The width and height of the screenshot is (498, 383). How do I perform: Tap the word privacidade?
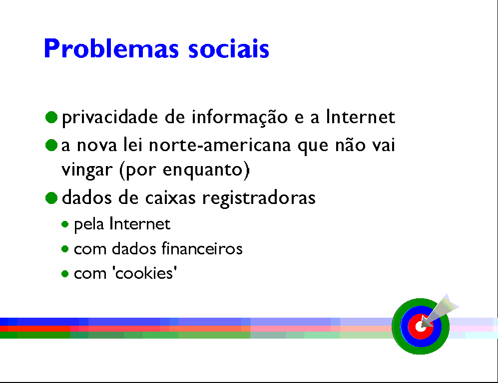click(110, 117)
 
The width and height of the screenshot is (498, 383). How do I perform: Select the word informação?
click(239, 117)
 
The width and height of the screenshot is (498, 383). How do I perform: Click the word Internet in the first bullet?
click(361, 117)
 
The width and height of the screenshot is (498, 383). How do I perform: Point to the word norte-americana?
click(220, 145)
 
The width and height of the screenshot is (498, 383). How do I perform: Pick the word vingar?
click(87, 170)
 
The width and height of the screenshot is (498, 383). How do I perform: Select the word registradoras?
click(259, 198)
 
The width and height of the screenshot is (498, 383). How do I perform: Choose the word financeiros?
click(202, 248)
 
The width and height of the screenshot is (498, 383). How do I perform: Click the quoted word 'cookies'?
click(144, 273)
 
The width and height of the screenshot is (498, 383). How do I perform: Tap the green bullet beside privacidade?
click(51, 117)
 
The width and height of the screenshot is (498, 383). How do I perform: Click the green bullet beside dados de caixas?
click(51, 198)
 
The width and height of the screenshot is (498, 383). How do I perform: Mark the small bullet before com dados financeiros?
click(65, 249)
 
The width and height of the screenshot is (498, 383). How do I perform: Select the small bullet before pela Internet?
click(65, 224)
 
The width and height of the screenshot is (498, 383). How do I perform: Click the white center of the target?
click(420, 326)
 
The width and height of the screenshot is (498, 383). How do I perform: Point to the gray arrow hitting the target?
click(440, 310)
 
